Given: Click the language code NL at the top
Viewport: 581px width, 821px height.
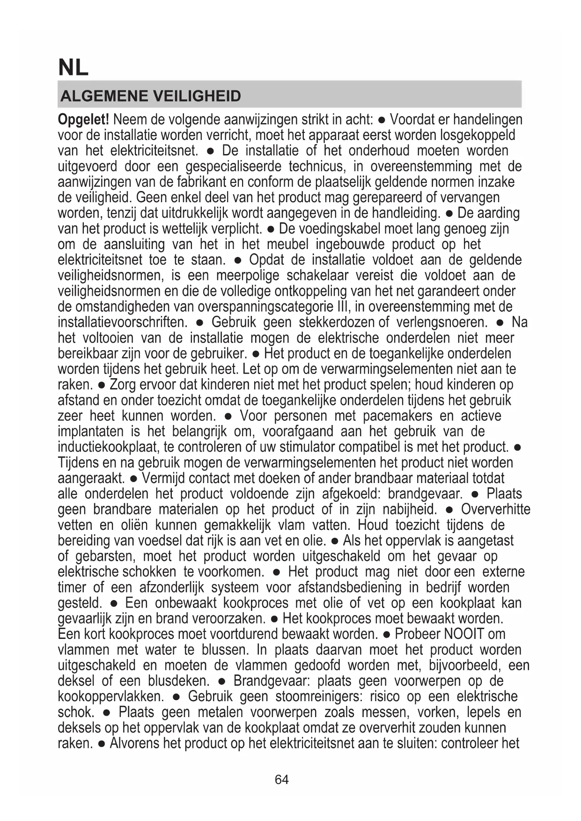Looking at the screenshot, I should (73, 68).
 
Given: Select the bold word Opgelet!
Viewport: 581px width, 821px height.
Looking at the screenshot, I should (83, 120).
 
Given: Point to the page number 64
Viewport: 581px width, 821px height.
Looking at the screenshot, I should (282, 779).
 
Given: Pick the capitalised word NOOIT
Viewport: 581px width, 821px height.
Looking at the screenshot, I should (463, 634).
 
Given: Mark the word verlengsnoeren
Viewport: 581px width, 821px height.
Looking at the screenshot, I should (442, 323).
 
